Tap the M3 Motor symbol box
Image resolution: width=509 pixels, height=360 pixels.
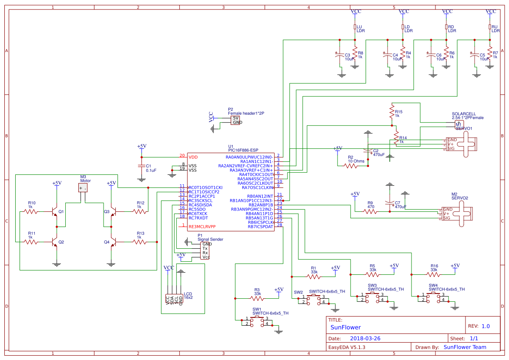click(x=83, y=187)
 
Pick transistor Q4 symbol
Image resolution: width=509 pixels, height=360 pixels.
click(x=113, y=242)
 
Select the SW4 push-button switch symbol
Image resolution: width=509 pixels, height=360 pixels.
click(x=433, y=297)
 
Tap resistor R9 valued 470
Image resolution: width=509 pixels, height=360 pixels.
click(x=371, y=212)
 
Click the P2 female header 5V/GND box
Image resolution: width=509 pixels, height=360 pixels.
click(x=236, y=120)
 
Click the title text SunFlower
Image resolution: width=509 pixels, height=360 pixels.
click(x=345, y=327)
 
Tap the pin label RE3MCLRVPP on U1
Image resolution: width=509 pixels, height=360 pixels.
click(x=202, y=227)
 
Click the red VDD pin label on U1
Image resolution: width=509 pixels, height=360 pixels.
click(x=193, y=157)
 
